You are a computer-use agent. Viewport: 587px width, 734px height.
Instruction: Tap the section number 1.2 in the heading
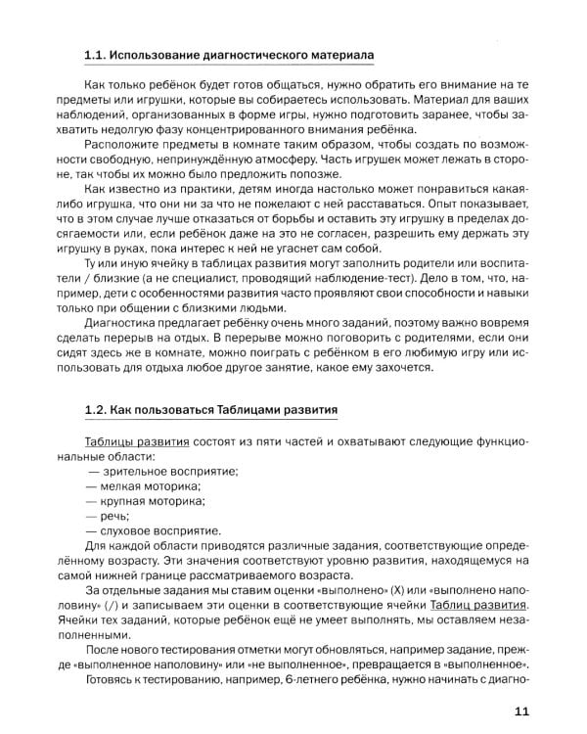tap(95, 405)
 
